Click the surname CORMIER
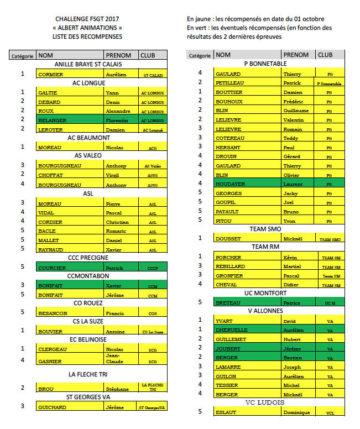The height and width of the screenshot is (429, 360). point(50,75)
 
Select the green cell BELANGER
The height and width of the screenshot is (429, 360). point(51,121)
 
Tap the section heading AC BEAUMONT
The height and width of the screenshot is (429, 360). point(88,138)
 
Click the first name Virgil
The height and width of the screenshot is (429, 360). point(113,175)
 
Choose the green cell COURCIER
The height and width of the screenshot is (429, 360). point(51,268)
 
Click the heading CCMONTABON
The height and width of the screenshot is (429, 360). point(88,276)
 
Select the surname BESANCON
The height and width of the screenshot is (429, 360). point(52,313)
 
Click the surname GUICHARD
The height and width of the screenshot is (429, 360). point(52,407)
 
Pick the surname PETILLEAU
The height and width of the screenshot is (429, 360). point(230,83)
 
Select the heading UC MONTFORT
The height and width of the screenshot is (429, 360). point(265,293)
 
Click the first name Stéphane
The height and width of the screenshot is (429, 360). point(117,389)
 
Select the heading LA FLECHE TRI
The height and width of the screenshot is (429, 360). point(88,374)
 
